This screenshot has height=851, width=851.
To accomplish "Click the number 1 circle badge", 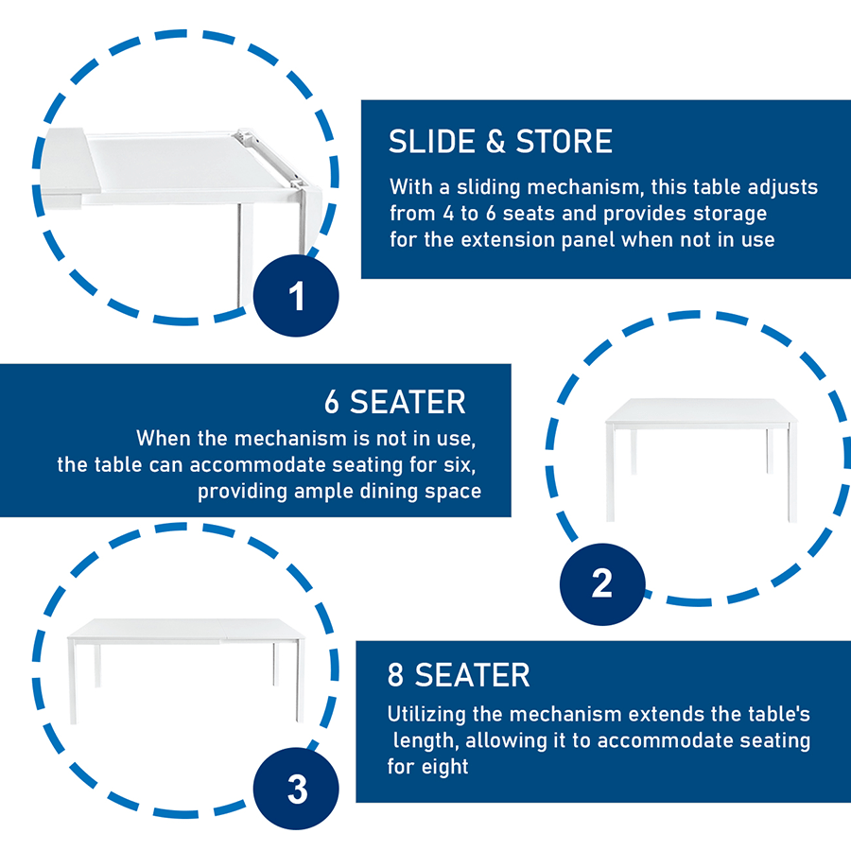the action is click(x=296, y=296).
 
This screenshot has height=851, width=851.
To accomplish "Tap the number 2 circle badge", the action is click(x=602, y=584).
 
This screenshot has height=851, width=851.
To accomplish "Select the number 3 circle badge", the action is click(x=296, y=789).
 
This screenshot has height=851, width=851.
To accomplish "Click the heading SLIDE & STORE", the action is click(x=500, y=142).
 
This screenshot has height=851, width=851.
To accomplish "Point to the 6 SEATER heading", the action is click(x=395, y=402).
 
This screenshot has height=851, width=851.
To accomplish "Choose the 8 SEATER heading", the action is click(x=459, y=675).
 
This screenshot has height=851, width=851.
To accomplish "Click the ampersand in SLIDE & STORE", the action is click(x=495, y=142).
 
